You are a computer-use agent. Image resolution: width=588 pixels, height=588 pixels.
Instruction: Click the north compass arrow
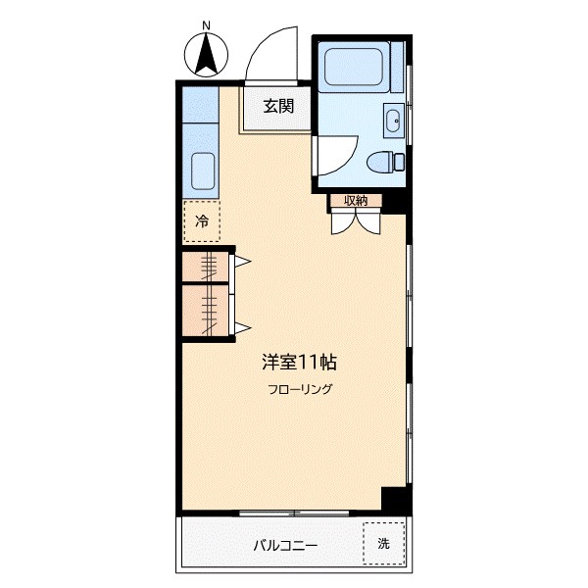(x=207, y=55)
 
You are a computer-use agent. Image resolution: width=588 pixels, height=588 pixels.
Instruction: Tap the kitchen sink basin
(x=202, y=171)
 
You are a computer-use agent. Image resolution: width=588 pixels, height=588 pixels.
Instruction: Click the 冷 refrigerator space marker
(x=202, y=221)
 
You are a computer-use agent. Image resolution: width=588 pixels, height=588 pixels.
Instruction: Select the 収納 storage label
(x=355, y=201)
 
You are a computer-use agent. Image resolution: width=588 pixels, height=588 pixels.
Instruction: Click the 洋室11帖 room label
(x=299, y=362)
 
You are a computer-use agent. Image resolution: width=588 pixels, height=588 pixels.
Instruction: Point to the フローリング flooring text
(x=300, y=390)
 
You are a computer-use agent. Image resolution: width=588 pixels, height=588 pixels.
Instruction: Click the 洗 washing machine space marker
(x=384, y=543)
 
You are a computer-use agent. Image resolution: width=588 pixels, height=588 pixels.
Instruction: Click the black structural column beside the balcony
(x=394, y=499)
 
